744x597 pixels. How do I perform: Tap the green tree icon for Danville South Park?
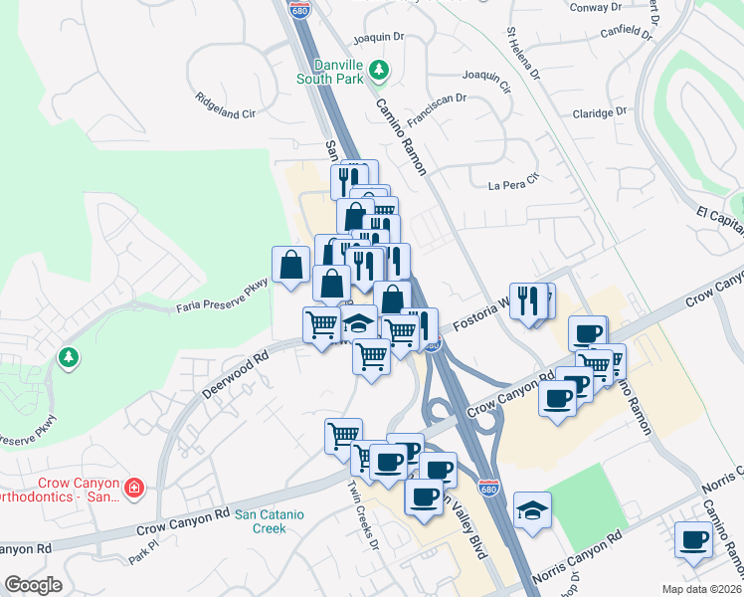pyautogui.click(x=378, y=70)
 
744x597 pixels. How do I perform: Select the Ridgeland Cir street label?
pyautogui.click(x=226, y=106)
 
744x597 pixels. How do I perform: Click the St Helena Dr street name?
pyautogui.click(x=523, y=55)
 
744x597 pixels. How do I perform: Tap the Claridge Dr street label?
pyautogui.click(x=600, y=113)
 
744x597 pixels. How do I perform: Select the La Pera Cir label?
pyautogui.click(x=513, y=183)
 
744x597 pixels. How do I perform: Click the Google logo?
pyautogui.click(x=32, y=585)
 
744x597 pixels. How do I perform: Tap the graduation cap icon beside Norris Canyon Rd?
pyautogui.click(x=532, y=510)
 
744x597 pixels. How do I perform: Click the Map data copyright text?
pyautogui.click(x=702, y=588)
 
